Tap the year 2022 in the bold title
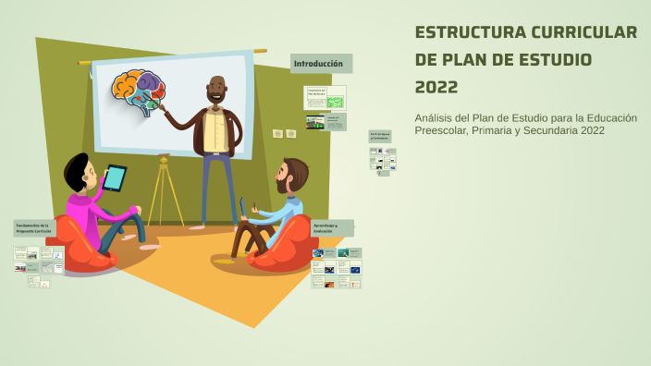coord(436,87)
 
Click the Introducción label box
coord(320,64)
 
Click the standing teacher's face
coord(217,91)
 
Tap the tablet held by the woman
coord(115,177)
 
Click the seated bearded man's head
coord(293,175)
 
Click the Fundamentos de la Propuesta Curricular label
coord(34,228)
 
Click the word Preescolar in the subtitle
coord(439,130)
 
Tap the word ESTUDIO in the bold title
coord(554,60)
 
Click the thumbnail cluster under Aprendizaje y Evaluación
coord(336,267)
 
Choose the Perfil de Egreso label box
coord(379,136)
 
